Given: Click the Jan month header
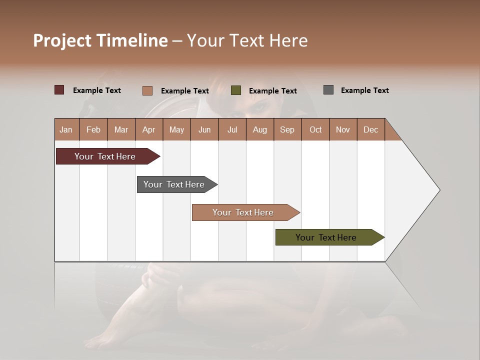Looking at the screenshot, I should coord(66,129).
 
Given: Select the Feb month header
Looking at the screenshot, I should coord(93,129).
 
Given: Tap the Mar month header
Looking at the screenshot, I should coord(121,129).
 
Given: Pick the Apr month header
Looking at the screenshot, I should coord(149,129).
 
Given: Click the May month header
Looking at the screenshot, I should coord(176,129).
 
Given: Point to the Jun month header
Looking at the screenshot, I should coord(204,129).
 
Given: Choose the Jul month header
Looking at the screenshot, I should coord(232,129).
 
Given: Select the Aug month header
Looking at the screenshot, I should coord(260,129).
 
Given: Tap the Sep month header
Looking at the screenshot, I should coord(287,129).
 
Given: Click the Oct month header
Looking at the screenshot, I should coord(315,129).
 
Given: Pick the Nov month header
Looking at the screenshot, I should coord(343,129).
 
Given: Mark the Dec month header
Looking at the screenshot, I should coord(371,129).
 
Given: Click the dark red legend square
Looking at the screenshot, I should coord(59,90).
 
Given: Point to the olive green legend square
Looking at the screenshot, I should coord(236,90).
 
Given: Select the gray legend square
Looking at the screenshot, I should coord(328,90).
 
